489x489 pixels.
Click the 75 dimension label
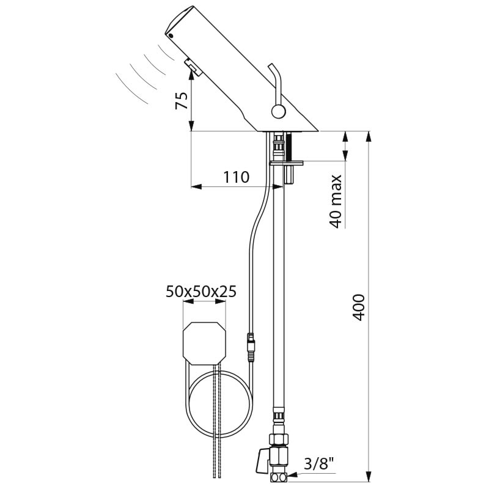tap(182, 101)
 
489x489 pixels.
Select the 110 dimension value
tap(236, 177)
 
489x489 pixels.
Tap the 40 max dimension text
tap(336, 202)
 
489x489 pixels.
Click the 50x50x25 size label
tap(201, 292)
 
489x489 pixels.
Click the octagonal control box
tap(204, 344)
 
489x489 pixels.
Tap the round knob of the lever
tap(278, 111)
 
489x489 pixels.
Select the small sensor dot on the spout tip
tap(171, 35)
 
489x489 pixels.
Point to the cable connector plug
tap(251, 348)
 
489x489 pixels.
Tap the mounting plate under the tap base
tap(286, 163)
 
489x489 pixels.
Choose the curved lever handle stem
tap(277, 82)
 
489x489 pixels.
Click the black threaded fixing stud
tap(289, 147)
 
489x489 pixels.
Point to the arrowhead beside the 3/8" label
tap(292, 476)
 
